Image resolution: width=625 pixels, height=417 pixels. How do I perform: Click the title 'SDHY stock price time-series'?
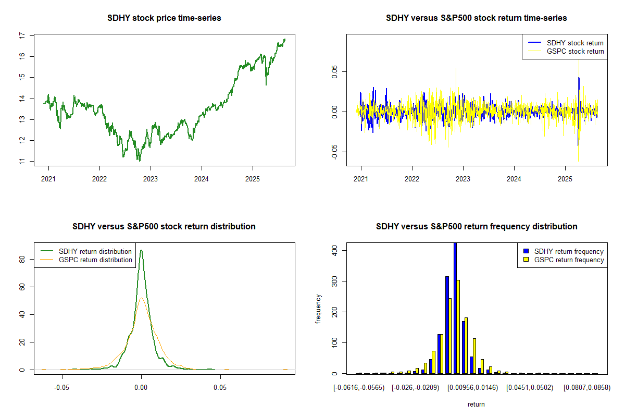tap(164, 18)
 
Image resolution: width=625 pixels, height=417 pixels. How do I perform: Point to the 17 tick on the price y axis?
tap(22, 35)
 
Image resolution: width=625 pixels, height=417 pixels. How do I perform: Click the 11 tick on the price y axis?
tap(22, 162)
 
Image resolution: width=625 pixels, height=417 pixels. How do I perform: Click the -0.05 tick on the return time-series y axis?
tap(335, 152)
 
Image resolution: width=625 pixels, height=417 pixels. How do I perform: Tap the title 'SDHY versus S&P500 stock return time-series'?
tap(476, 18)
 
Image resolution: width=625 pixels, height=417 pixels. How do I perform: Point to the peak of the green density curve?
tap(141, 250)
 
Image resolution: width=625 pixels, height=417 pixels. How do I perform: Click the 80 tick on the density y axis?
tap(22, 259)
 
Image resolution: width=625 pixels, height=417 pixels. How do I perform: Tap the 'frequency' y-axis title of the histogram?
tap(318, 309)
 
